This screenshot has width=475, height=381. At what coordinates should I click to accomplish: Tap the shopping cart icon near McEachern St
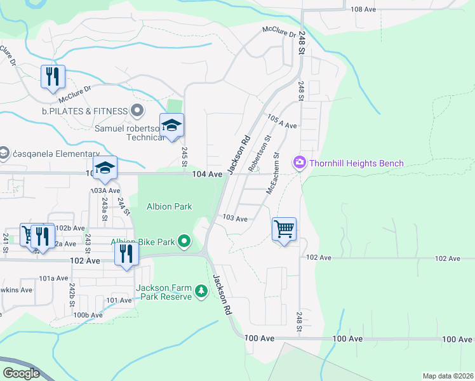(284, 229)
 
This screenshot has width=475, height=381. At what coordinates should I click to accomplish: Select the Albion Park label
(170, 206)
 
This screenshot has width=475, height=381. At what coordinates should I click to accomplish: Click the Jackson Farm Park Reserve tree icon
(201, 291)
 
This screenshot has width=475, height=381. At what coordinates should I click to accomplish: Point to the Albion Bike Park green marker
(184, 241)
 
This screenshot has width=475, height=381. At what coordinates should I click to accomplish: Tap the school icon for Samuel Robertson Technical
(171, 125)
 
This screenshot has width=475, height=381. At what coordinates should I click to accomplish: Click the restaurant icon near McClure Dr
(53, 77)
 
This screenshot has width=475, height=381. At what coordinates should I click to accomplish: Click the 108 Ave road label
(364, 10)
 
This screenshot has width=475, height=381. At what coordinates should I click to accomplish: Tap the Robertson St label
(260, 153)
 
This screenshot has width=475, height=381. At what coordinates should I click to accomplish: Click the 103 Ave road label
(234, 218)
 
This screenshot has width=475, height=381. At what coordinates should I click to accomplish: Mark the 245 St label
(184, 154)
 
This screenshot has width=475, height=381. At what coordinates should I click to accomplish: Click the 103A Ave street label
(105, 190)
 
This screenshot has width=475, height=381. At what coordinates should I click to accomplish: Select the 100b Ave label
(88, 315)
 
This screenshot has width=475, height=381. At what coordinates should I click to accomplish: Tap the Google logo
(22, 373)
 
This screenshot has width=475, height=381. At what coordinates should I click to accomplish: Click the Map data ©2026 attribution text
(448, 376)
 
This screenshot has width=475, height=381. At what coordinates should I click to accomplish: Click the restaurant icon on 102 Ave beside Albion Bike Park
(126, 254)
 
